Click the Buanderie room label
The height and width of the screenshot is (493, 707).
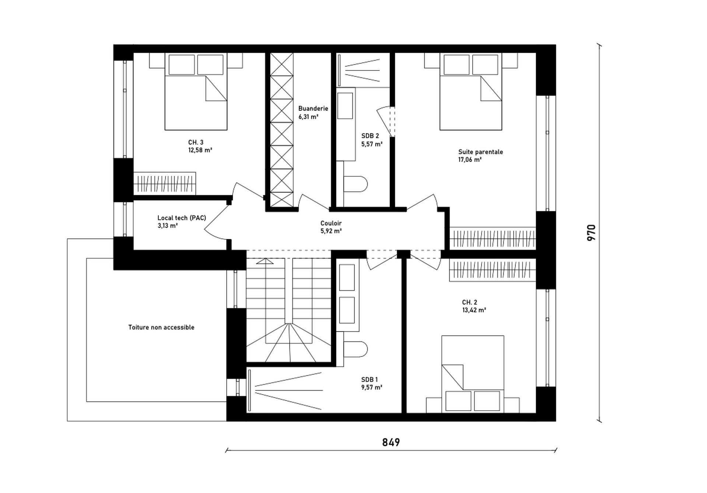pyautogui.click(x=313, y=108)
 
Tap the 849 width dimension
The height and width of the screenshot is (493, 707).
pyautogui.click(x=391, y=442)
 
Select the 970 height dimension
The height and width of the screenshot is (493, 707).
pyautogui.click(x=591, y=233)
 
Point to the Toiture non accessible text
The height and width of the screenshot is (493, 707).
pyautogui.click(x=161, y=327)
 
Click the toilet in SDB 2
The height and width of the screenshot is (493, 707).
pyautogui.click(x=356, y=184)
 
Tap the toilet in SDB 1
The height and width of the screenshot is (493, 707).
pyautogui.click(x=356, y=349)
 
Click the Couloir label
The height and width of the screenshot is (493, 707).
pyautogui.click(x=331, y=223)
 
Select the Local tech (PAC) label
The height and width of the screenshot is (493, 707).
pyautogui.click(x=182, y=218)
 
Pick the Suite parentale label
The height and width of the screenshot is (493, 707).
pyautogui.click(x=480, y=152)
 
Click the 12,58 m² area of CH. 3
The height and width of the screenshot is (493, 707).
pyautogui.click(x=200, y=150)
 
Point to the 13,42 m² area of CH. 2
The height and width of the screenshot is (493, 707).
pyautogui.click(x=474, y=310)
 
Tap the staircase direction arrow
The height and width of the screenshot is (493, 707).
pyautogui.click(x=265, y=261)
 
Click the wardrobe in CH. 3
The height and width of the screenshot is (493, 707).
pyautogui.click(x=165, y=183)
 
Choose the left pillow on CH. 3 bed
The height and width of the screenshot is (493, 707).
pyautogui.click(x=182, y=65)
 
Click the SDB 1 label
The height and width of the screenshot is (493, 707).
pyautogui.click(x=370, y=379)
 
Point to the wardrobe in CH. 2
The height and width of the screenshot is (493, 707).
pyautogui.click(x=493, y=270)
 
